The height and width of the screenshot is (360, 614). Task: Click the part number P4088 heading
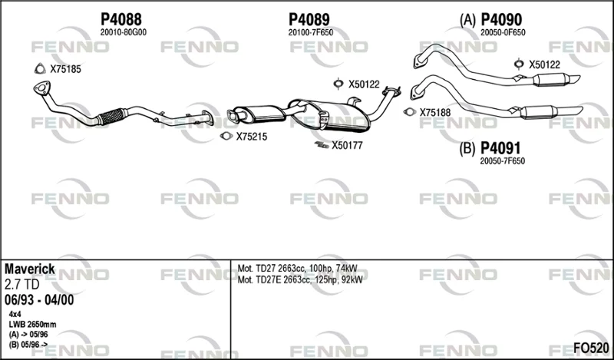click(x=121, y=19)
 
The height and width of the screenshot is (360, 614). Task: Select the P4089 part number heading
click(x=309, y=19)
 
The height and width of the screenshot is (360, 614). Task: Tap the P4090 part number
click(x=501, y=19)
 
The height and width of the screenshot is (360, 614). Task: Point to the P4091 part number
click(x=500, y=148)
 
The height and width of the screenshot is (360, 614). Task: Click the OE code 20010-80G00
click(x=124, y=32)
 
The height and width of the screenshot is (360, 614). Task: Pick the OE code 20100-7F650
click(x=311, y=32)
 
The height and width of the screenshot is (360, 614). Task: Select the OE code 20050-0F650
click(x=503, y=32)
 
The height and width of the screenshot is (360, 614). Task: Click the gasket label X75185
click(x=65, y=69)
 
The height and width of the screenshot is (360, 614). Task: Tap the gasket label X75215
click(x=252, y=137)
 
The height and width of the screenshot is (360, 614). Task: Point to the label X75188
click(x=435, y=112)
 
